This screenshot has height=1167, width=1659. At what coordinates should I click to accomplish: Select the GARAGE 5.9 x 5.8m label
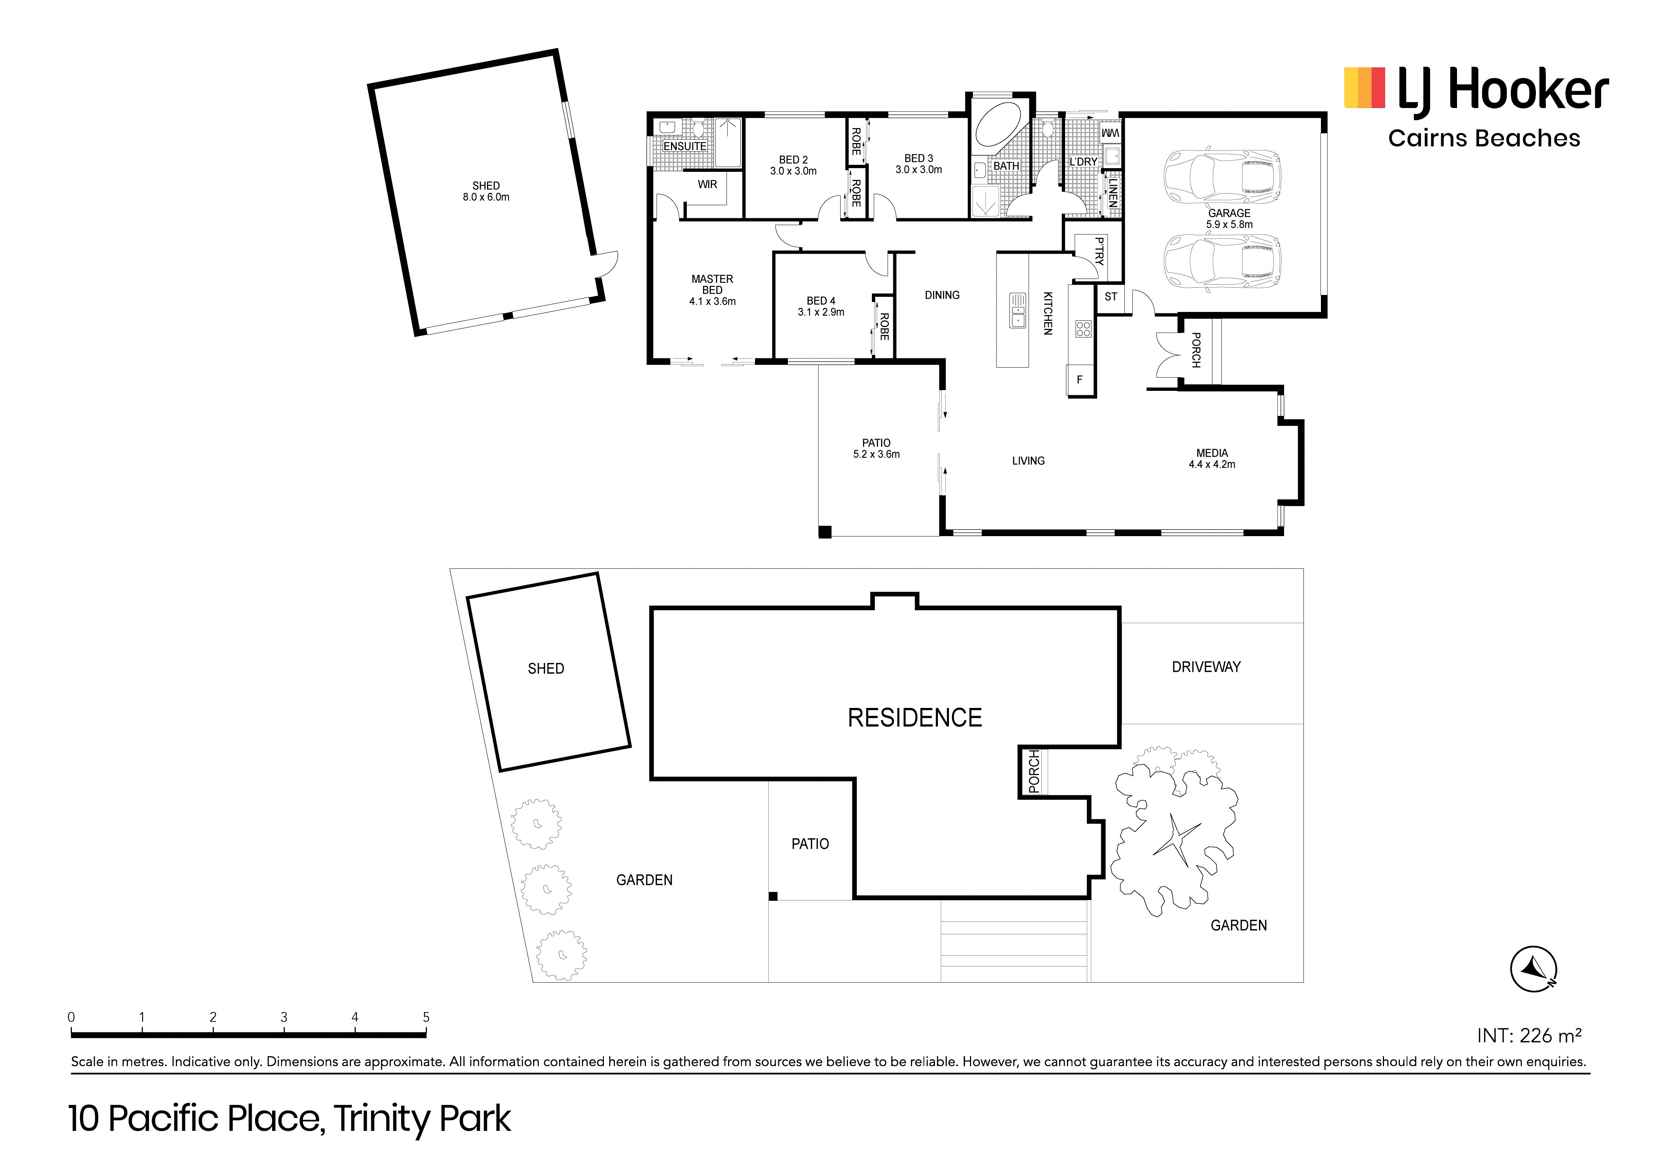1229,218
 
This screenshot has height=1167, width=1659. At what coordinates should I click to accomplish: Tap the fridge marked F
1080,379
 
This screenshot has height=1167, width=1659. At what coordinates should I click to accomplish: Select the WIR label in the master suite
707,184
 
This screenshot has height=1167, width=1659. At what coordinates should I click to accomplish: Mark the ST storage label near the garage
1110,296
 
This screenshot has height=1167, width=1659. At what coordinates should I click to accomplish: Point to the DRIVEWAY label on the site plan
1206,667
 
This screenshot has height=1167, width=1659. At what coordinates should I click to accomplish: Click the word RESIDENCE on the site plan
915,718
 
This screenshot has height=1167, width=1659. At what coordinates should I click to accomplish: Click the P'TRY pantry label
1099,251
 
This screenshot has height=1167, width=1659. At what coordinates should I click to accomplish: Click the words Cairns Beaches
1484,138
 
